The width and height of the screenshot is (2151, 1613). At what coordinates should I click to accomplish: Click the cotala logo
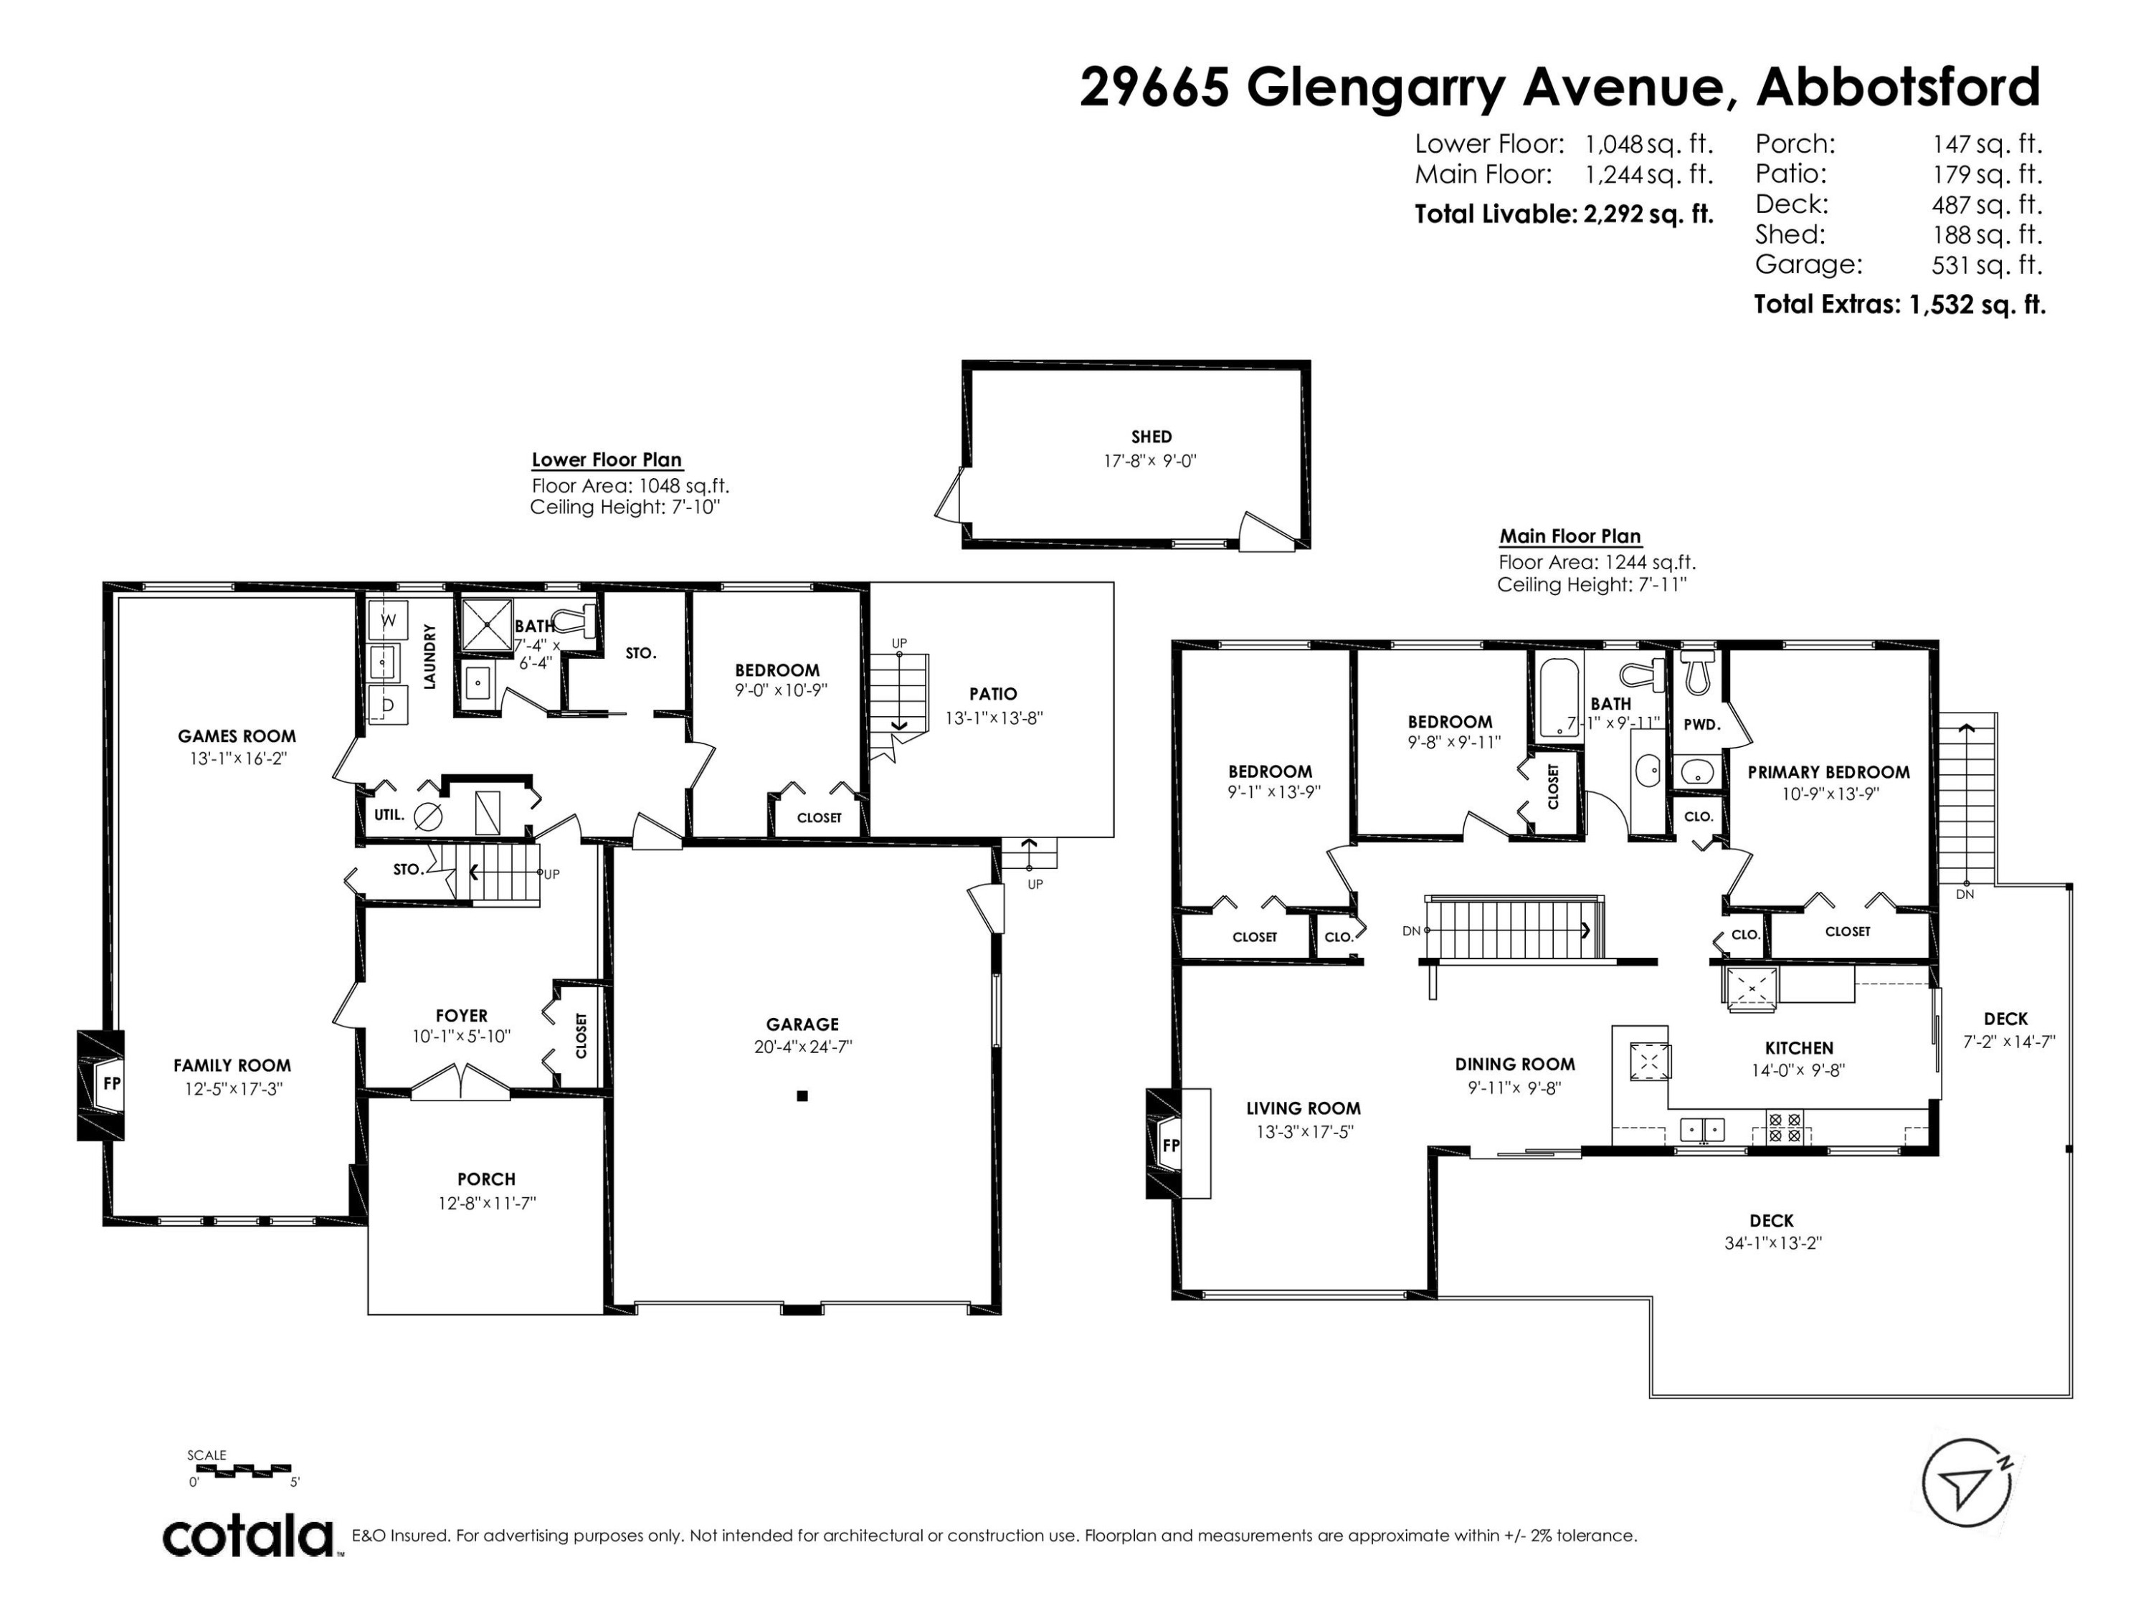pyautogui.click(x=248, y=1537)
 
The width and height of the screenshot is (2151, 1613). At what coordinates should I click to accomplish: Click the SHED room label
pyautogui.click(x=1152, y=437)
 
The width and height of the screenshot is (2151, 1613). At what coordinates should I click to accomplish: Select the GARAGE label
pyautogui.click(x=802, y=1024)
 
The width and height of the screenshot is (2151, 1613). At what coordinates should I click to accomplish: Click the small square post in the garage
pyautogui.click(x=802, y=1095)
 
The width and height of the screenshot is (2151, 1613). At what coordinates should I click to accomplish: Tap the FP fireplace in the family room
pyautogui.click(x=101, y=1084)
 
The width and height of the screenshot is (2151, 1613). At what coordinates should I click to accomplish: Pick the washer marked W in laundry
pyautogui.click(x=388, y=620)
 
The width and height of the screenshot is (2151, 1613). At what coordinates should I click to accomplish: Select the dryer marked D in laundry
pyautogui.click(x=388, y=704)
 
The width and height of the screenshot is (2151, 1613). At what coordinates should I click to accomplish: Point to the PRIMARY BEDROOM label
pyautogui.click(x=1828, y=772)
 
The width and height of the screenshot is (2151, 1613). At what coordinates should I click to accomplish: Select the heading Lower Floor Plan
pyautogui.click(x=607, y=460)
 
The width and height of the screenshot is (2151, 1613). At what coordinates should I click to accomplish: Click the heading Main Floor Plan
pyautogui.click(x=1570, y=536)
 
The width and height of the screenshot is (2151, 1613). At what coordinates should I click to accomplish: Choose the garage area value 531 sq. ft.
pyautogui.click(x=1987, y=265)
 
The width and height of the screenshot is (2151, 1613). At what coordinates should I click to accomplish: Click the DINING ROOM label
pyautogui.click(x=1515, y=1065)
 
